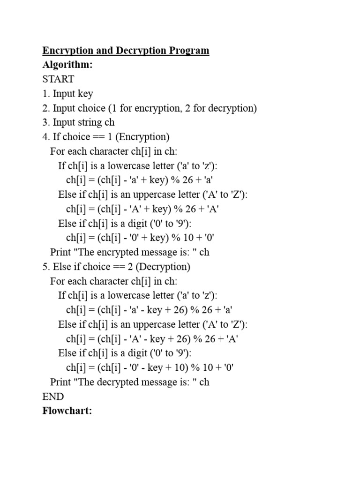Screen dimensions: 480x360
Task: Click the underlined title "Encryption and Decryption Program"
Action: tap(126, 51)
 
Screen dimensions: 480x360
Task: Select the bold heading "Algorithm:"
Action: tap(67, 65)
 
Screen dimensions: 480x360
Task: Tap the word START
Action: tap(58, 79)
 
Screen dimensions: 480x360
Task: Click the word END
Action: tap(53, 397)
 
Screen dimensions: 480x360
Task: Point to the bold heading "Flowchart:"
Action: tap(67, 411)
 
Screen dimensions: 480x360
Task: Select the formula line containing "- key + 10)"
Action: tap(150, 367)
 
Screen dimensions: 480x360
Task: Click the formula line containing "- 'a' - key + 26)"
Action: tap(150, 310)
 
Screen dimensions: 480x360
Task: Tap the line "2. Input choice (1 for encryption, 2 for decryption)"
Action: tap(150, 108)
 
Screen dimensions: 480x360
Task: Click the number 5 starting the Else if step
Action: tap(45, 267)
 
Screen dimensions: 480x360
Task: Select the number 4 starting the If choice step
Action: tap(45, 137)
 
